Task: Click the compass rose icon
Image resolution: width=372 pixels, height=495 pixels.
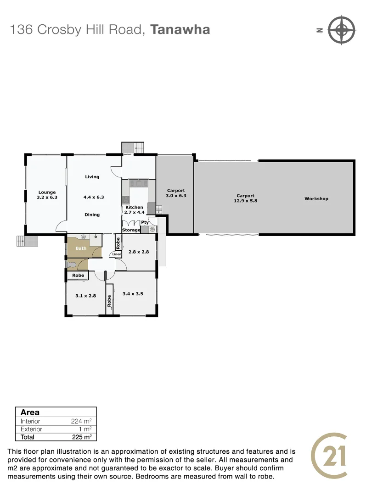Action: click(x=342, y=30)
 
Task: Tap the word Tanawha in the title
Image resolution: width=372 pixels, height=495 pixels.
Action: click(x=180, y=30)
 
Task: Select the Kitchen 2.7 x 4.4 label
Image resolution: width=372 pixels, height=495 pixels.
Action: click(x=134, y=210)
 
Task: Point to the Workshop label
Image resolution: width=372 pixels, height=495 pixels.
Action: click(x=316, y=199)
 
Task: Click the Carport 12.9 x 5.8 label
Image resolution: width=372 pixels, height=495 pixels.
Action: click(x=246, y=198)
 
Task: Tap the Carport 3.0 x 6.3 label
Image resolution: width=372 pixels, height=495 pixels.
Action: click(x=176, y=193)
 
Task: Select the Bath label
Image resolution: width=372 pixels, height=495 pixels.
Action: click(x=81, y=248)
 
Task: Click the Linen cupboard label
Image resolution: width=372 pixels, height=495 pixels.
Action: click(x=117, y=254)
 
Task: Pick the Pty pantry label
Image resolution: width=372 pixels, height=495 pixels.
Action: click(x=145, y=222)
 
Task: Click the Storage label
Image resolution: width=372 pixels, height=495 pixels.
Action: click(x=131, y=230)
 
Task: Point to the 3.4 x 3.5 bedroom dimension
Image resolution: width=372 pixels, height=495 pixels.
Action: click(x=133, y=294)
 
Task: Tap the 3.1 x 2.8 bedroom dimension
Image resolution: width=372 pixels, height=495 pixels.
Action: click(x=85, y=296)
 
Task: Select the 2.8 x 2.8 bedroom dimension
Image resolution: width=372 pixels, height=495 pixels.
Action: click(x=138, y=252)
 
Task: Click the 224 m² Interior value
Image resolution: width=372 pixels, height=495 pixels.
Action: click(x=82, y=421)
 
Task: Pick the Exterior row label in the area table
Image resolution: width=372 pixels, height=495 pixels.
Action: click(x=31, y=429)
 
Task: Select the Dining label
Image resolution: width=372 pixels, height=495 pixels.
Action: click(x=92, y=214)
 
